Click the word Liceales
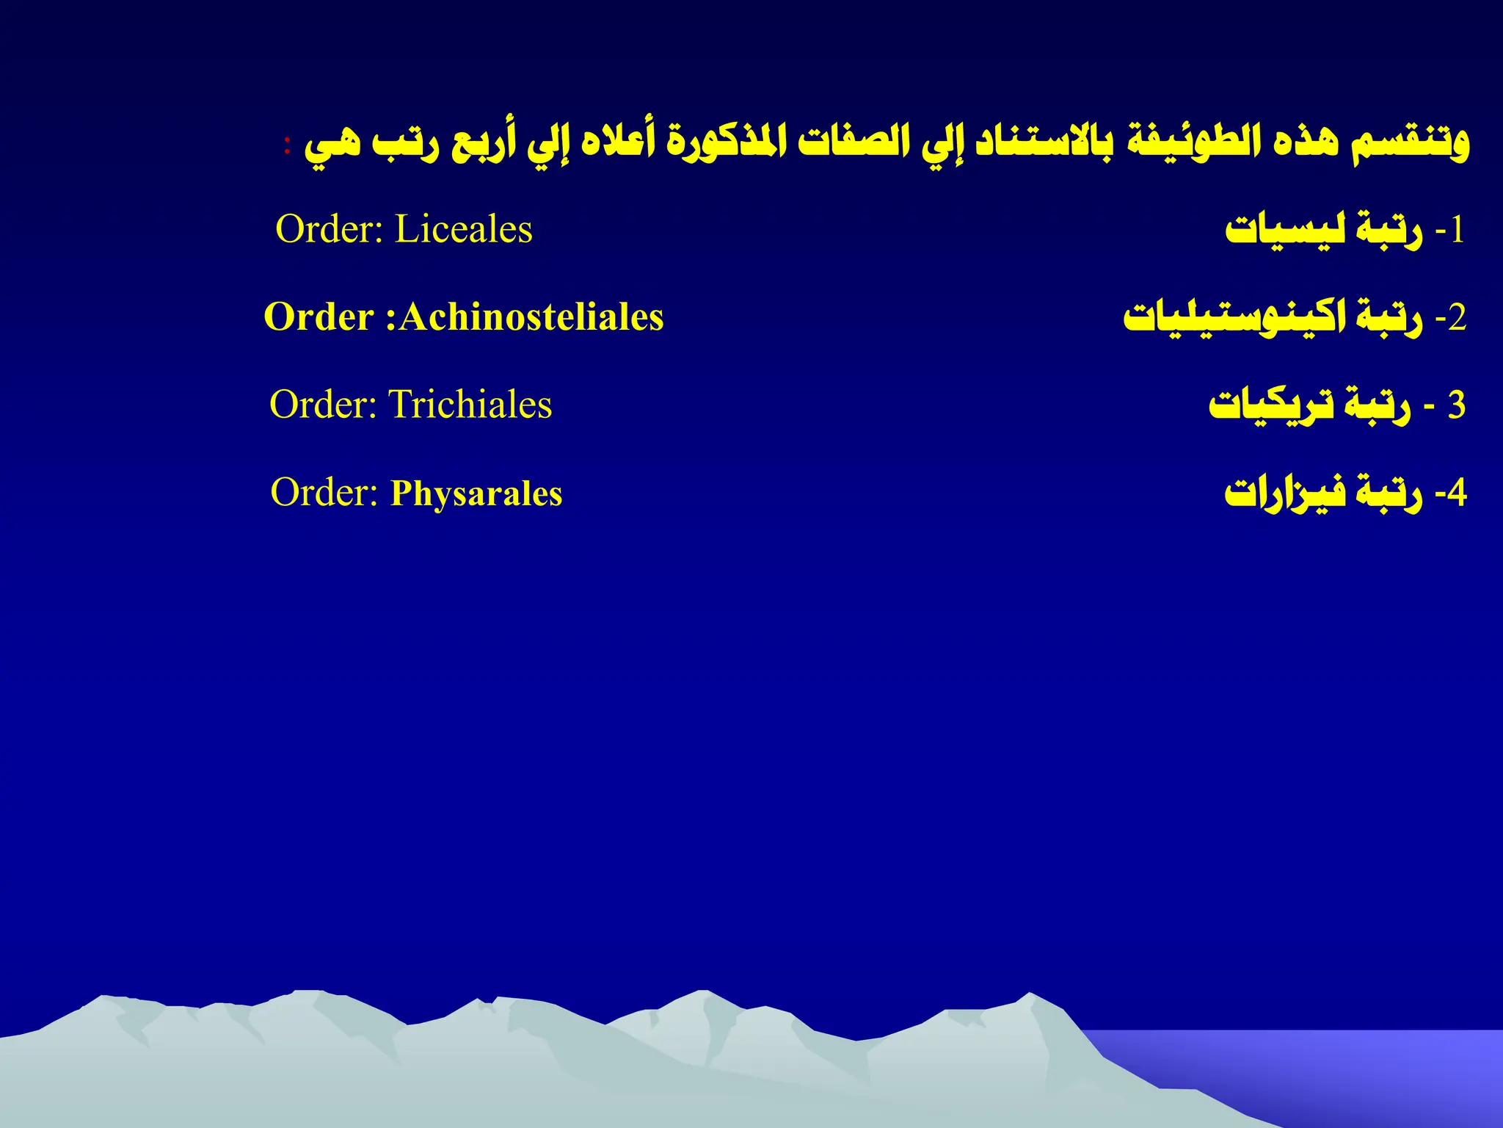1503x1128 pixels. tap(463, 229)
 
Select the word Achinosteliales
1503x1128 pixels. tap(531, 317)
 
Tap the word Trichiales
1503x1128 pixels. tap(470, 405)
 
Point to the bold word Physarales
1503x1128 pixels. tap(476, 493)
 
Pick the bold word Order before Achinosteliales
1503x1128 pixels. tap(319, 317)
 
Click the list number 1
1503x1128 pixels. tap(1457, 231)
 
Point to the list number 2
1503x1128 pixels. tap(1457, 319)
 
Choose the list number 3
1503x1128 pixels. tap(1456, 405)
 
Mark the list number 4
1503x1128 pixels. tap(1457, 493)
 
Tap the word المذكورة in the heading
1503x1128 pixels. tap(716, 142)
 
